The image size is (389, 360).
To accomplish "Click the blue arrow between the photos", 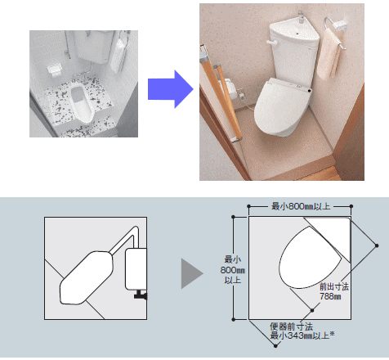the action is point(171,89).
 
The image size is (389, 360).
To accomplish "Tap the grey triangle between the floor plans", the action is point(192,273).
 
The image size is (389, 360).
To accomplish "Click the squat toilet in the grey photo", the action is point(82,102).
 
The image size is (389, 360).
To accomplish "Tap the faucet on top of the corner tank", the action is point(301,17).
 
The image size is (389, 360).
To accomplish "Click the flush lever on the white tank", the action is point(272,43).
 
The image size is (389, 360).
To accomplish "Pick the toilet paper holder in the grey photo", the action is point(54,70).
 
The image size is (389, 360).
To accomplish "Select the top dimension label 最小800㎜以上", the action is point(300,206).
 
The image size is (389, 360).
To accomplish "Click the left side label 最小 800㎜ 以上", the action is point(232,269).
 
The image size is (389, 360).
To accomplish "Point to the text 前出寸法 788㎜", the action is point(333,291).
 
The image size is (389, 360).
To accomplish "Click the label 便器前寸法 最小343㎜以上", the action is point(302,331).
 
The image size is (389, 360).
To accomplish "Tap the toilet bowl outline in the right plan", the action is point(310,258).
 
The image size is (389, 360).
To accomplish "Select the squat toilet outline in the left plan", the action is point(86,277).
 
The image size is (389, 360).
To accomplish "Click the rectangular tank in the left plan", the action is point(136,269).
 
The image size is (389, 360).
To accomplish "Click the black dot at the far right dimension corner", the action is point(377,245).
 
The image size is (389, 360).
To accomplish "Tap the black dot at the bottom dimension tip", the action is point(275,346).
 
